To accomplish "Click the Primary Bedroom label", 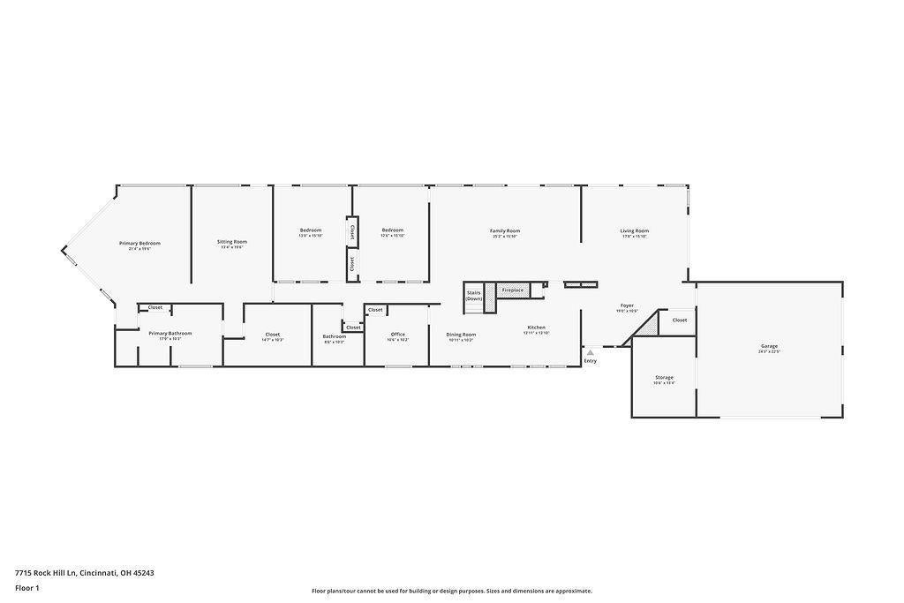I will tap(139, 243).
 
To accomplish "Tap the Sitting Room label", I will tap(232, 241).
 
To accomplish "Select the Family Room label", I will tap(505, 230).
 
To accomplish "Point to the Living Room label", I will tap(634, 230).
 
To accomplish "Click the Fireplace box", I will tap(512, 290).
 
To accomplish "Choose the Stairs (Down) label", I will tap(474, 296).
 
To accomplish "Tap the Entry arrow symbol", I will tap(590, 352).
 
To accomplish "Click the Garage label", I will tap(769, 345).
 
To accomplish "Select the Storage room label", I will tap(664, 377).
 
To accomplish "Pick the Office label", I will tap(397, 334).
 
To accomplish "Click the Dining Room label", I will tap(461, 334).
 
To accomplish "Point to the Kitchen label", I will tap(536, 327).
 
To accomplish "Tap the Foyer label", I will tap(627, 305).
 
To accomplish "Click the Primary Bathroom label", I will tap(169, 333).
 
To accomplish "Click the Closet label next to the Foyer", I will tap(679, 320).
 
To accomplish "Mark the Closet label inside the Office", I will tap(375, 309).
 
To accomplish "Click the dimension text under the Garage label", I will tap(769, 351).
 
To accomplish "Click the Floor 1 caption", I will tap(27, 587).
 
